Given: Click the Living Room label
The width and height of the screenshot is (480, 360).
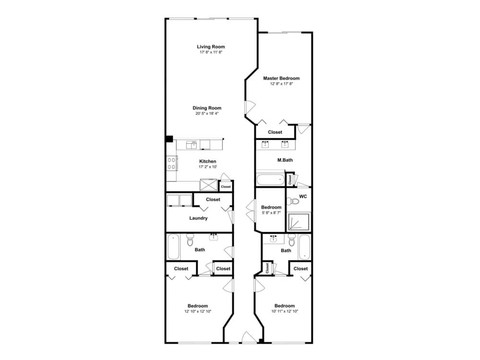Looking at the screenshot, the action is click(211, 47).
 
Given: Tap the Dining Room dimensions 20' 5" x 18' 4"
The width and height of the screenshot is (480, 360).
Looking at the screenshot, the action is click(207, 114).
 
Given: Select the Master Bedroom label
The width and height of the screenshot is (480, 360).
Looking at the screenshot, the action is click(281, 78).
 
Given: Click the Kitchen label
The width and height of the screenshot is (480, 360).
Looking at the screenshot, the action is click(207, 161).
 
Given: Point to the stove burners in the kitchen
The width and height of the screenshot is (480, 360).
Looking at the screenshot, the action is click(171, 163).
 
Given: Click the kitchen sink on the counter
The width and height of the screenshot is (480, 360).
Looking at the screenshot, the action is click(192, 144).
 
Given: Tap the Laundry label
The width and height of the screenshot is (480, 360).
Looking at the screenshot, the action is click(198, 218).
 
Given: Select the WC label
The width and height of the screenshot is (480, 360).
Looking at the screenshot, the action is click(303, 196).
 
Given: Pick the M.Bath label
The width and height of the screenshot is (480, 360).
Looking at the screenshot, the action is click(285, 160).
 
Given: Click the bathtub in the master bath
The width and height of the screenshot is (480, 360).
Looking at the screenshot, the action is click(271, 180).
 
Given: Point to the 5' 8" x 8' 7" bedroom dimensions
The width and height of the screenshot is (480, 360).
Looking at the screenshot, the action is click(271, 213).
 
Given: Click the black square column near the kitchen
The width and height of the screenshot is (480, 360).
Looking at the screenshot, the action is click(169, 139).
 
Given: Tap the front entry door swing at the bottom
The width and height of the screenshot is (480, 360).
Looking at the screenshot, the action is click(249, 337).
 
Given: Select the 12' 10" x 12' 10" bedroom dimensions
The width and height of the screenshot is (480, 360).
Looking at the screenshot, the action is click(198, 312).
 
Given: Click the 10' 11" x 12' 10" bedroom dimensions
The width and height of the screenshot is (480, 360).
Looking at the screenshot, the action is click(285, 312).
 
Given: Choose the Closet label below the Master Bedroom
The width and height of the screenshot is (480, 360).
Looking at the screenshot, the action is click(275, 132).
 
